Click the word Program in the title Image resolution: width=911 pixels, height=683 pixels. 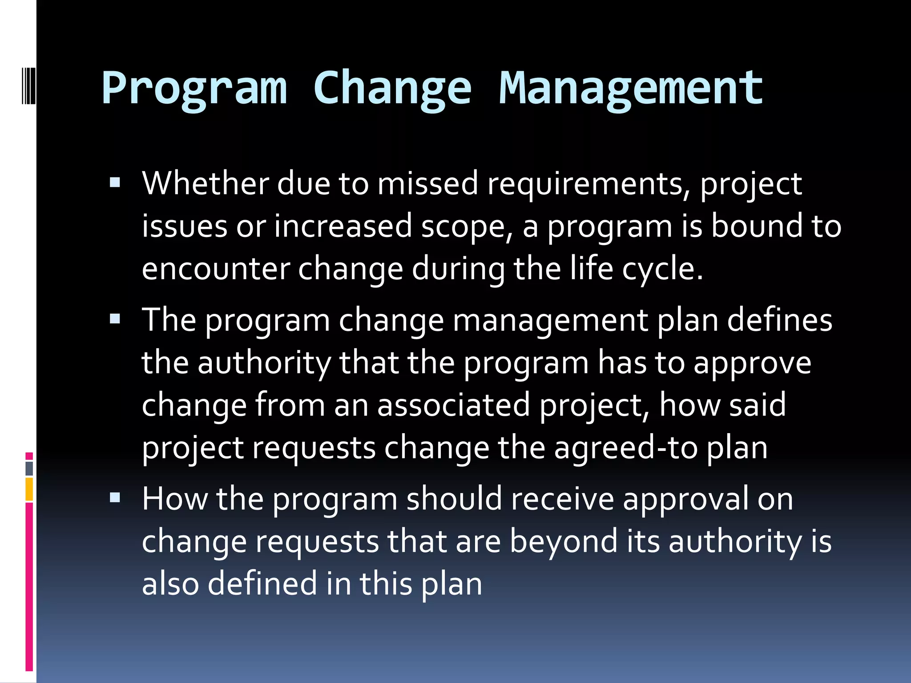coord(194,89)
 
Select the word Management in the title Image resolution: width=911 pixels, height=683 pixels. coord(631,89)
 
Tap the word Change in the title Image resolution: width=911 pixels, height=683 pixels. coord(392,89)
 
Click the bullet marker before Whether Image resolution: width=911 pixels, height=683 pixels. coord(115,182)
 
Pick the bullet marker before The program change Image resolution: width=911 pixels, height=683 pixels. coord(115,319)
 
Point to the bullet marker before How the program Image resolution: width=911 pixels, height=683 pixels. coord(115,498)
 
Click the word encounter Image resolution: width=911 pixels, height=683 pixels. coord(215,269)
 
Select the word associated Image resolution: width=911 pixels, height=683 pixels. coord(454,405)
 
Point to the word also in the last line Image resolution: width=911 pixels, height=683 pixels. coord(170,584)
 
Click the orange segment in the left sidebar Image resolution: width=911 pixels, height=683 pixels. coord(29,489)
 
